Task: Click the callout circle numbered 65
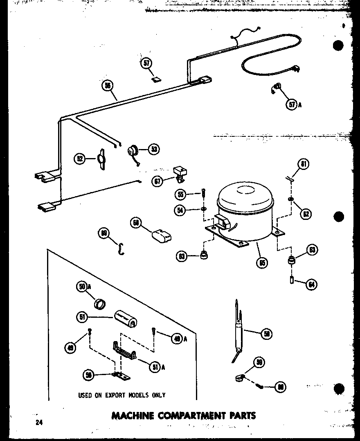262,262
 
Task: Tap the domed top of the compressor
243,194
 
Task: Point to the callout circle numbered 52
80,158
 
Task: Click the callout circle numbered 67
157,181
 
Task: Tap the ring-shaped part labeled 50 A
100,304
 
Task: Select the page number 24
39,423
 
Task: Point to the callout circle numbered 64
312,284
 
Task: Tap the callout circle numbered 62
305,213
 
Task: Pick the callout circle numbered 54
180,210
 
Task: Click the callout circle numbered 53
154,149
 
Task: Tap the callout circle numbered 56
108,86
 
